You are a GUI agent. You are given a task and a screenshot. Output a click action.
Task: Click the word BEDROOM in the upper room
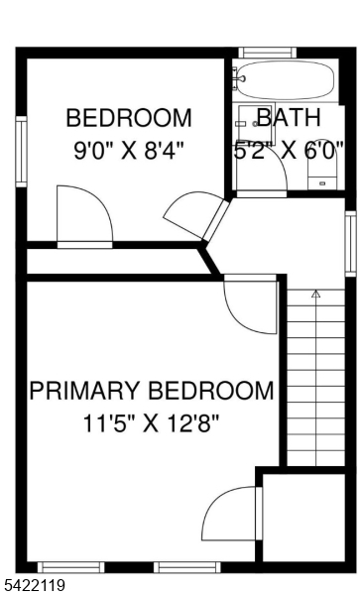click(129, 119)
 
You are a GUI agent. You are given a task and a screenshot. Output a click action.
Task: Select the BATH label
click(289, 118)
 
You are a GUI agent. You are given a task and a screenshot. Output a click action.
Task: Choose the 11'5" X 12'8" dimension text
click(152, 423)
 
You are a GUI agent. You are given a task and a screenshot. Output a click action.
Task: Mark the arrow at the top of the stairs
click(316, 295)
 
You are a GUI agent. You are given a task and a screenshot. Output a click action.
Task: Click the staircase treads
click(316, 377)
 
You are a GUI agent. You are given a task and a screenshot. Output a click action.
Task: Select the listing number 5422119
click(36, 585)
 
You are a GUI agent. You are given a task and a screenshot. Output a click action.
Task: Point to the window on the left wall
click(20, 151)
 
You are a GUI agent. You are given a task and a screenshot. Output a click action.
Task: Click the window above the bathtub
click(268, 53)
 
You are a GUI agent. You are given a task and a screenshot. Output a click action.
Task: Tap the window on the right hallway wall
click(350, 243)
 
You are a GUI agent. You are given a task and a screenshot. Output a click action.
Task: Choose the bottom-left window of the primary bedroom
click(70, 567)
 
